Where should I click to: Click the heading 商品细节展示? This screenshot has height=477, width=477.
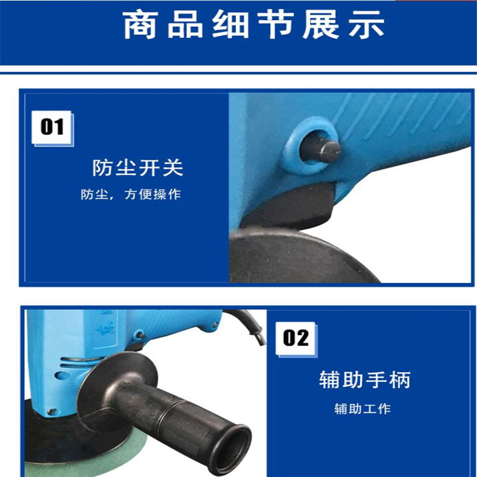(x=253, y=25)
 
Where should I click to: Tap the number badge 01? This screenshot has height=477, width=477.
(x=52, y=127)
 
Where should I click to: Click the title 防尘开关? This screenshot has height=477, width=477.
(x=138, y=168)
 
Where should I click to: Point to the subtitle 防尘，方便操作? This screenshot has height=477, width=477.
(x=131, y=195)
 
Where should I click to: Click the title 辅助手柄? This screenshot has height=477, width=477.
(x=365, y=380)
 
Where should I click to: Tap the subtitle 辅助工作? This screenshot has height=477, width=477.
(x=363, y=408)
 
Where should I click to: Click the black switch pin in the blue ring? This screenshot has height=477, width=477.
(x=320, y=150)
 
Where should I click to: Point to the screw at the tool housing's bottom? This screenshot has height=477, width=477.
(x=52, y=411)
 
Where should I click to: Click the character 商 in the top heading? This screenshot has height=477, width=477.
(x=141, y=25)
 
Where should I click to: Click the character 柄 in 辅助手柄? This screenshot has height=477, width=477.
(x=400, y=380)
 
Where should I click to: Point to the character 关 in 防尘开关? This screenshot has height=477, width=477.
(x=173, y=168)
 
